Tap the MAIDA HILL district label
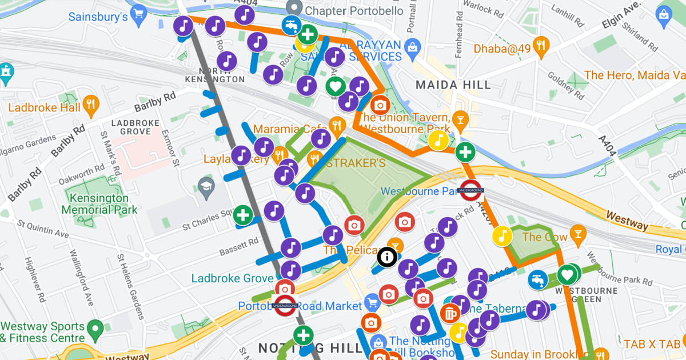pos(453,85)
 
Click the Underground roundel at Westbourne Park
pos(472,190)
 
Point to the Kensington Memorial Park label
pos(99,204)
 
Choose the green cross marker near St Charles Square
pos(243,215)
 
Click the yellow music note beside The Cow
pos(502,236)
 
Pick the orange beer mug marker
pos(450,313)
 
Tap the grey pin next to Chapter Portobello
pos(294,8)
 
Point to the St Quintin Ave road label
pos(42,230)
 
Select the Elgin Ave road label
pos(613,19)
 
